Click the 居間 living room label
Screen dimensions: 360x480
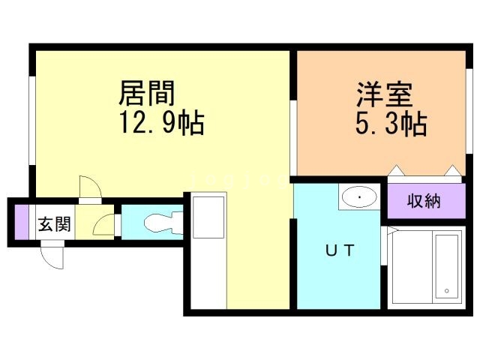(146, 94)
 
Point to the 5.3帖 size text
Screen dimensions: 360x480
(391, 124)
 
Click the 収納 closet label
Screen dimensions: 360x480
(424, 201)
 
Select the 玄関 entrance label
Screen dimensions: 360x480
(55, 224)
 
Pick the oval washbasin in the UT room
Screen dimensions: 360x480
(360, 198)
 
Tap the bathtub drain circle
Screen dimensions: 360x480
(445, 290)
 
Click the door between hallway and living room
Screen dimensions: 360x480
(88, 187)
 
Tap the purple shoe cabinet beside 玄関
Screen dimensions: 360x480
(21, 222)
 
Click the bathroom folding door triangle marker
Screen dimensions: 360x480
(388, 233)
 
